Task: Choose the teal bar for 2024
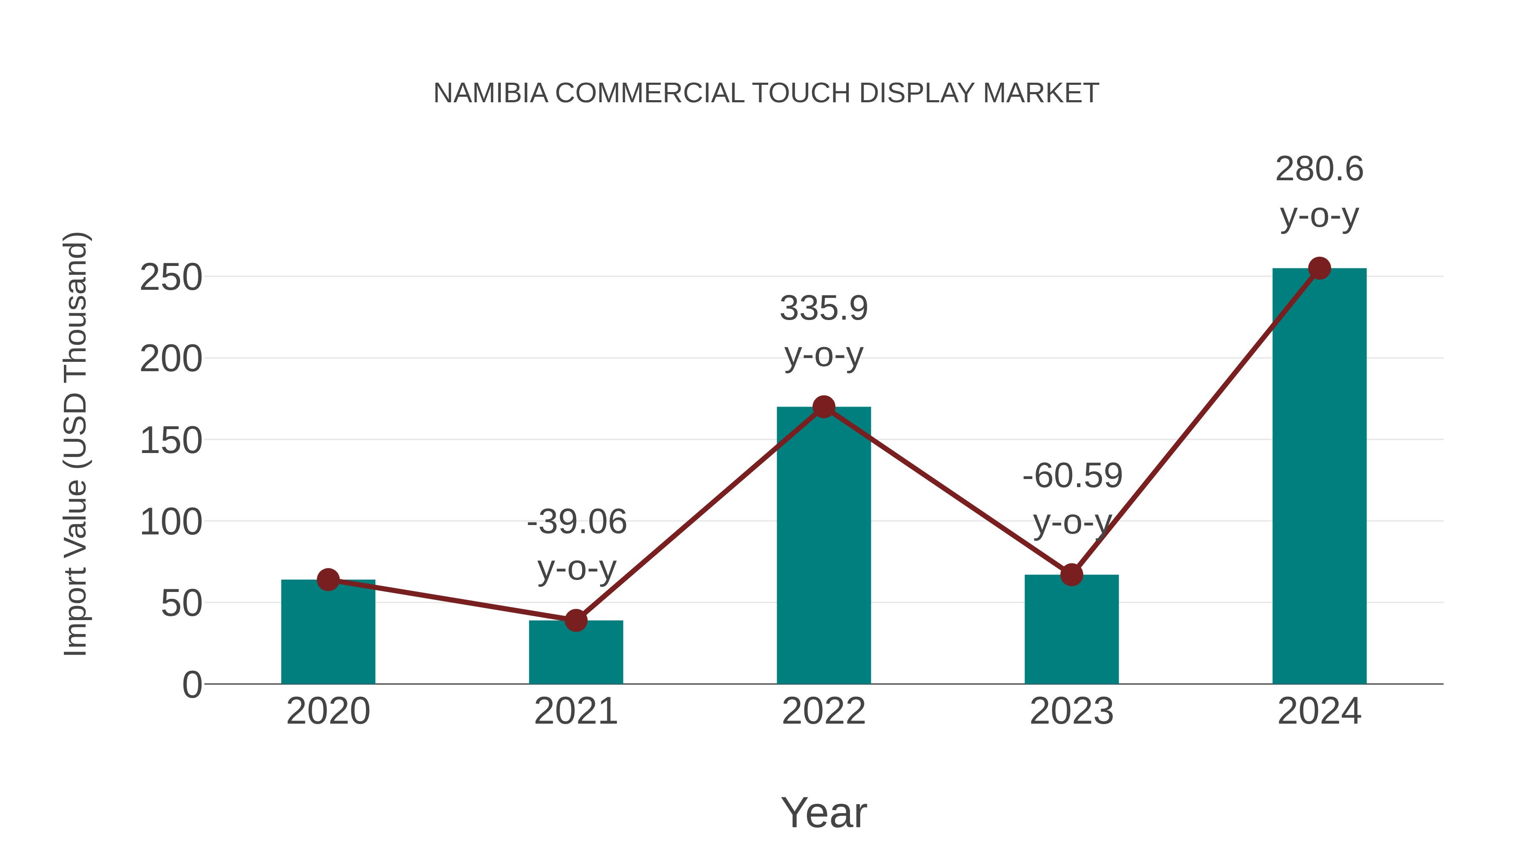(1319, 476)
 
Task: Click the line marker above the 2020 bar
(328, 580)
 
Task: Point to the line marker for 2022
(824, 407)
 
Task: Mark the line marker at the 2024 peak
(1319, 268)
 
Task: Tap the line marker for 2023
(1071, 575)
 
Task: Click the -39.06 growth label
(577, 522)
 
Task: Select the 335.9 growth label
(824, 309)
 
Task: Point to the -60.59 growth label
(1072, 476)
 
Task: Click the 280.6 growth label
(1319, 169)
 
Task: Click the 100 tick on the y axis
(171, 522)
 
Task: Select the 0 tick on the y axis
(192, 685)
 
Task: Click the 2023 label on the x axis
(1071, 711)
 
